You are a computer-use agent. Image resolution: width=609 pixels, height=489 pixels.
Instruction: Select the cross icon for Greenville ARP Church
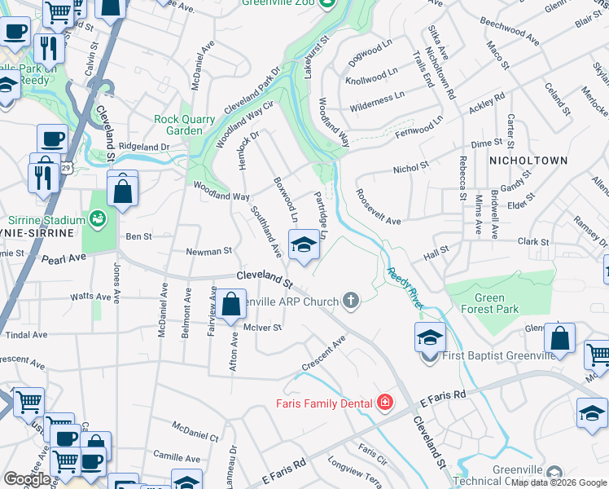point(351,302)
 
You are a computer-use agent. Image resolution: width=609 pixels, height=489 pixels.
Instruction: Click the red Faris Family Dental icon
point(383,403)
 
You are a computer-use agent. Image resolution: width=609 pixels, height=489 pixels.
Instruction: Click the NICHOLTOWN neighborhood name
point(528,161)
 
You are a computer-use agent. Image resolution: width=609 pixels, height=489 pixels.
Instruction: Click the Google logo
point(27,479)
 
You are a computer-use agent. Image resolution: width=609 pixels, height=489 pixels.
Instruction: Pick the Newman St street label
point(210,252)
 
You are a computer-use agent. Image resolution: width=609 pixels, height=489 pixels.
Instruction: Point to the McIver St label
point(262,328)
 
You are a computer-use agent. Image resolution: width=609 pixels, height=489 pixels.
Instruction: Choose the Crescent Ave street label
point(323,352)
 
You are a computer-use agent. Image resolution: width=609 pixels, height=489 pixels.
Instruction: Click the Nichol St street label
point(410,168)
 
